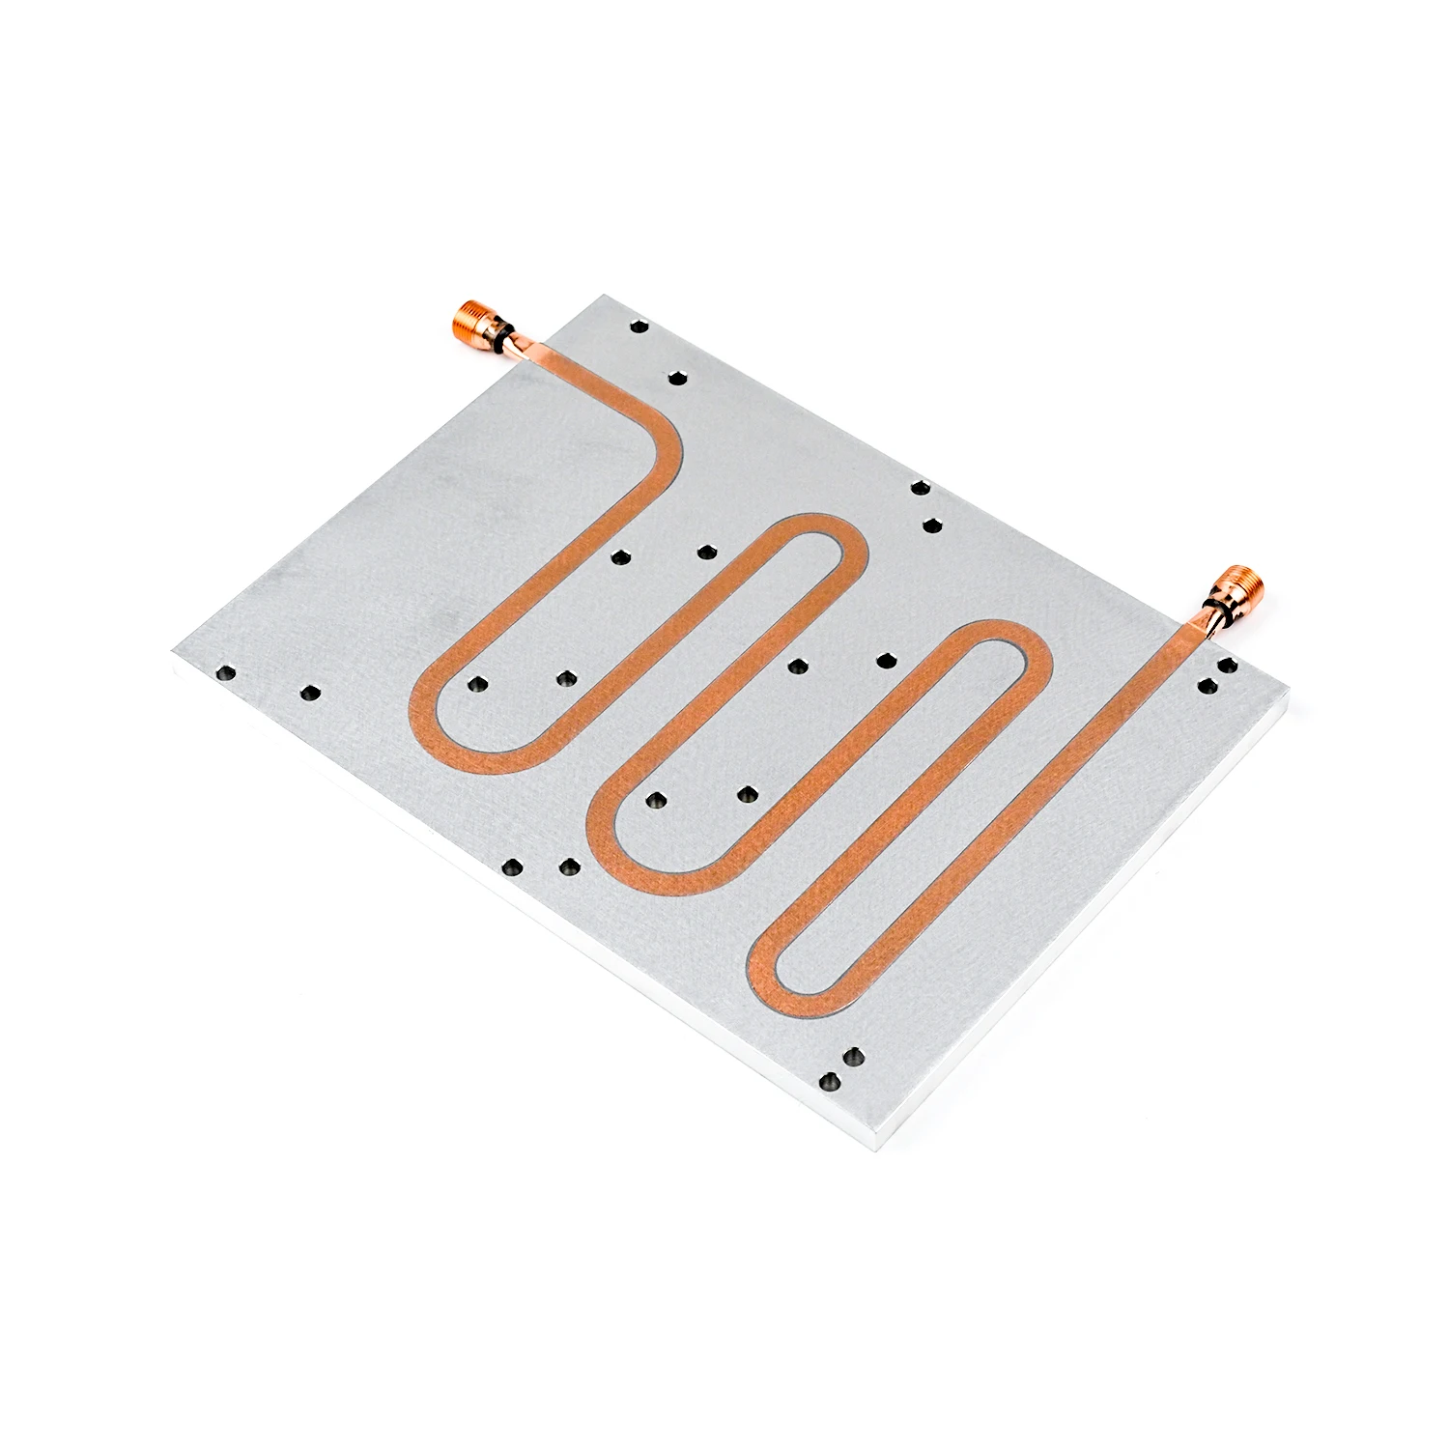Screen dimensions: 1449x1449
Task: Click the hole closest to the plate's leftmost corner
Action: [226, 669]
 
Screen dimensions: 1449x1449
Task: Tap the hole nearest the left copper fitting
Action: [639, 329]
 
